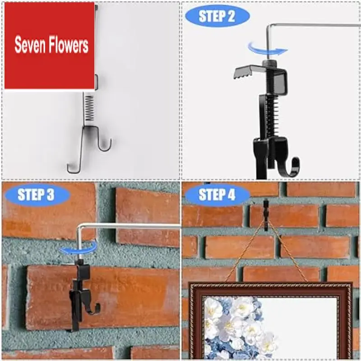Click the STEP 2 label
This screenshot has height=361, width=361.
click(x=217, y=17)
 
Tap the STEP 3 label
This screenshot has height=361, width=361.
click(x=36, y=194)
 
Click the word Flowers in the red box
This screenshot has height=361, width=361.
click(x=69, y=46)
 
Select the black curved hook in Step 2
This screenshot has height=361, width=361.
click(x=291, y=165)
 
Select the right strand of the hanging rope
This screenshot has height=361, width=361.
click(x=289, y=255)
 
